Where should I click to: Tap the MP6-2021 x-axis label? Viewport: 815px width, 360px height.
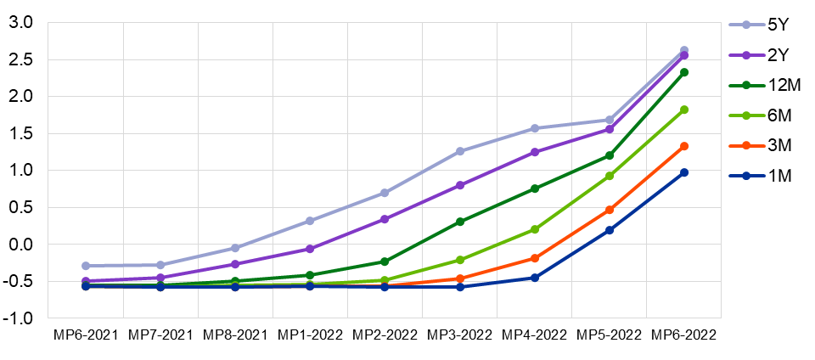click(86, 335)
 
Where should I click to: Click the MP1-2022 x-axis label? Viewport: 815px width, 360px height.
click(310, 335)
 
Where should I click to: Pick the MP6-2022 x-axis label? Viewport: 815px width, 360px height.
click(683, 335)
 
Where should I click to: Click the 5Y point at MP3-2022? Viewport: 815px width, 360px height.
click(460, 151)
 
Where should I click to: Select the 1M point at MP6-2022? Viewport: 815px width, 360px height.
click(684, 172)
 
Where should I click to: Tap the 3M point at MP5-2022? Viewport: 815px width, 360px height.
click(610, 210)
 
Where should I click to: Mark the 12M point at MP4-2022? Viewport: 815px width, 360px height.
click(535, 188)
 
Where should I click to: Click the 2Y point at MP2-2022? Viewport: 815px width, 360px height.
click(385, 219)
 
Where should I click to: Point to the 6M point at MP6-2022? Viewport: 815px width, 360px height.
click(684, 110)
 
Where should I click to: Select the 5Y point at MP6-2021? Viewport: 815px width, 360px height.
click(86, 266)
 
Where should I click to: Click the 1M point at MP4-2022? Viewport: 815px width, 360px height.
click(535, 278)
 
